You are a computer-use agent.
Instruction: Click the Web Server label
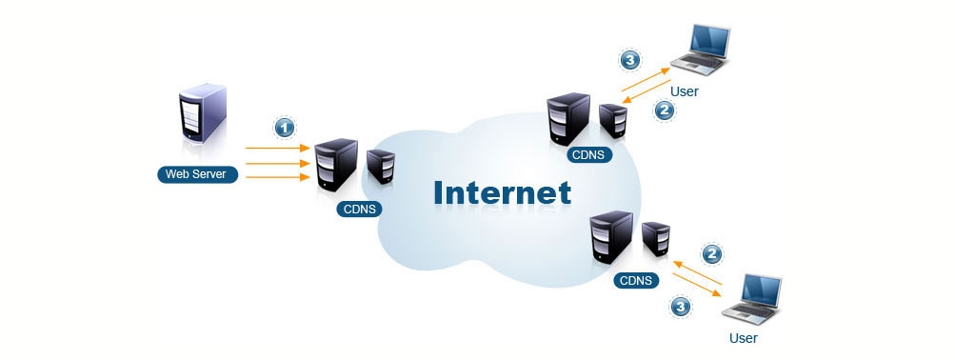tap(198, 174)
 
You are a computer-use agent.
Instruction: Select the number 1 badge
tap(283, 127)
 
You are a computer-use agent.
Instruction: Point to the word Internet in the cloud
tap(502, 192)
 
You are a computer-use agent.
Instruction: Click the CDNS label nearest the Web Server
tap(359, 209)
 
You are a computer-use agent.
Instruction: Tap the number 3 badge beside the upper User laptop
tap(629, 60)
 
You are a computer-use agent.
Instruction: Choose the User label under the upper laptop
tap(685, 92)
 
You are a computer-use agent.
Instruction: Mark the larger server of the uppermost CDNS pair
tap(568, 117)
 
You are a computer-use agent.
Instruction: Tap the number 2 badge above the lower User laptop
tap(710, 253)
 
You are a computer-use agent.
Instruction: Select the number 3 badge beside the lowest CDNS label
tap(681, 307)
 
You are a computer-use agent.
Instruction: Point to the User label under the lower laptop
tap(743, 337)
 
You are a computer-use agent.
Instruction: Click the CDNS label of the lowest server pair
tap(635, 280)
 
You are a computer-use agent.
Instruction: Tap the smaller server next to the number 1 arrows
tap(381, 165)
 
